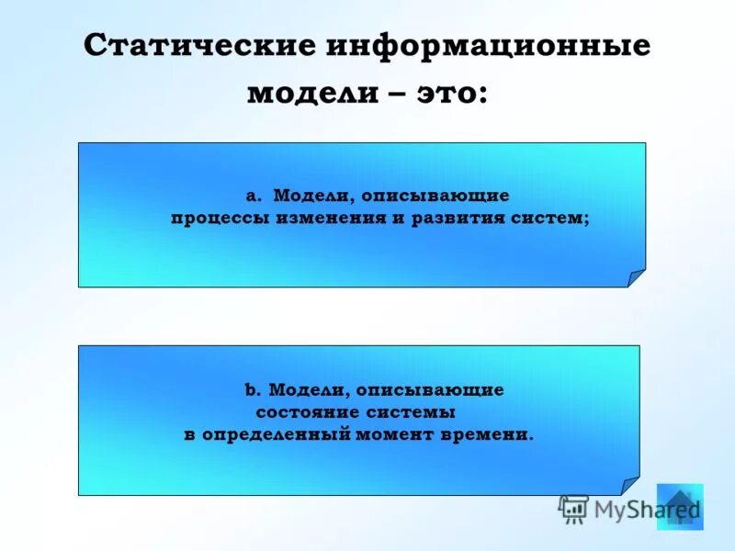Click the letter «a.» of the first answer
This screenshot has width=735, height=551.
(x=254, y=197)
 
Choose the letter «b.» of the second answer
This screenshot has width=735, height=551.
(x=253, y=390)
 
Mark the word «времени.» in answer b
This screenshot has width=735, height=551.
(x=491, y=434)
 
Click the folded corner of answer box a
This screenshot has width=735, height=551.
(x=636, y=278)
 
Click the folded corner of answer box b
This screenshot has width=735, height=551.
(x=629, y=486)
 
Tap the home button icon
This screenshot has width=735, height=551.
(x=680, y=506)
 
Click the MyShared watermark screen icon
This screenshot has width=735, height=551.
(x=574, y=509)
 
